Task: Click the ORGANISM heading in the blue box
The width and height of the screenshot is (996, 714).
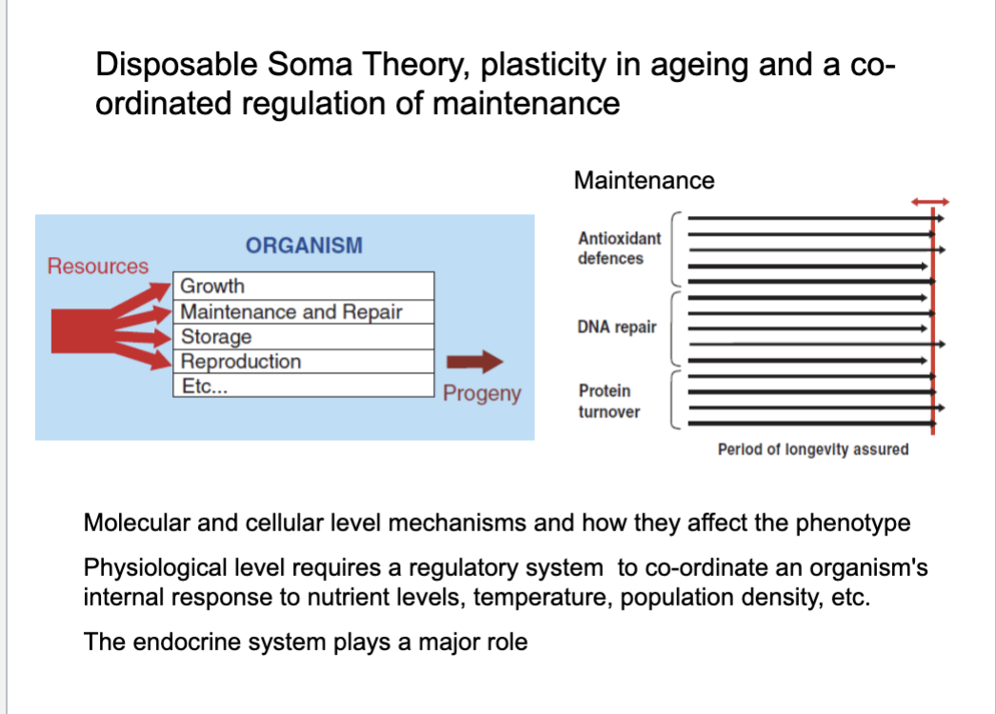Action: pos(305,246)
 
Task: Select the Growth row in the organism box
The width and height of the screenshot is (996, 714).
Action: pos(304,286)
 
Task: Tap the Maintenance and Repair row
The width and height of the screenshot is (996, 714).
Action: pos(304,312)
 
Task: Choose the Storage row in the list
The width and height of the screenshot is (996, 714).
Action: pos(304,337)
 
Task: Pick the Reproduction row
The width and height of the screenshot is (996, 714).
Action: pos(304,362)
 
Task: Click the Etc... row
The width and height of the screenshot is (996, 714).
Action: pos(304,386)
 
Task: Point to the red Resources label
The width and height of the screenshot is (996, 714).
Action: pos(98,267)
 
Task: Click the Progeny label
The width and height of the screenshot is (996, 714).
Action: pos(482,394)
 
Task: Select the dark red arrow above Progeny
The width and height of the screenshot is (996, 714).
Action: pos(474,362)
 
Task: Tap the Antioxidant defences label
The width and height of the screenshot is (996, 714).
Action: pos(619,248)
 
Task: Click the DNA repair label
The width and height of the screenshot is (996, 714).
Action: pos(617,327)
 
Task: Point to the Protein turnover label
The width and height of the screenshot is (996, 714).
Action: pos(609,402)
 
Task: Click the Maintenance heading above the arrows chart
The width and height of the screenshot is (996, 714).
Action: pos(644,181)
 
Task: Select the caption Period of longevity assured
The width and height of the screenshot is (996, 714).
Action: pos(813,449)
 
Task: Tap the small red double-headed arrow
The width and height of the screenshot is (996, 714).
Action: pos(930,202)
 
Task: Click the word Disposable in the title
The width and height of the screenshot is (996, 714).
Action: pos(176,65)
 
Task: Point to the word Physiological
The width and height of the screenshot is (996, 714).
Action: pos(155,568)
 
